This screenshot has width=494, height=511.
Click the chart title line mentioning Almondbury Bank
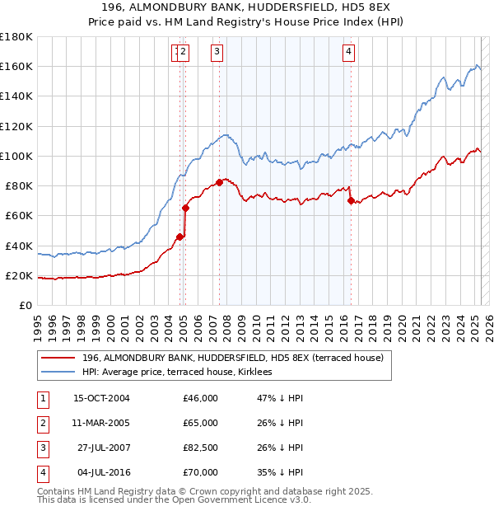coord(247,7)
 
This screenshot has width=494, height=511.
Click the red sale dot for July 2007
coord(220,182)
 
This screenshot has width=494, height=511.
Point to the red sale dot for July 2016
coord(351,200)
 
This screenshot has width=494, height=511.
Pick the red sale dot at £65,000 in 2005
coord(185,208)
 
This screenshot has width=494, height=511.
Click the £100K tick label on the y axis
coord(16,156)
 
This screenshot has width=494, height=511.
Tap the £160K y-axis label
coord(16,66)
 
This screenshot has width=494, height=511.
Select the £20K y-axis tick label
coord(19,275)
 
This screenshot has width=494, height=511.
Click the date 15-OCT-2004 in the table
coord(102,398)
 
